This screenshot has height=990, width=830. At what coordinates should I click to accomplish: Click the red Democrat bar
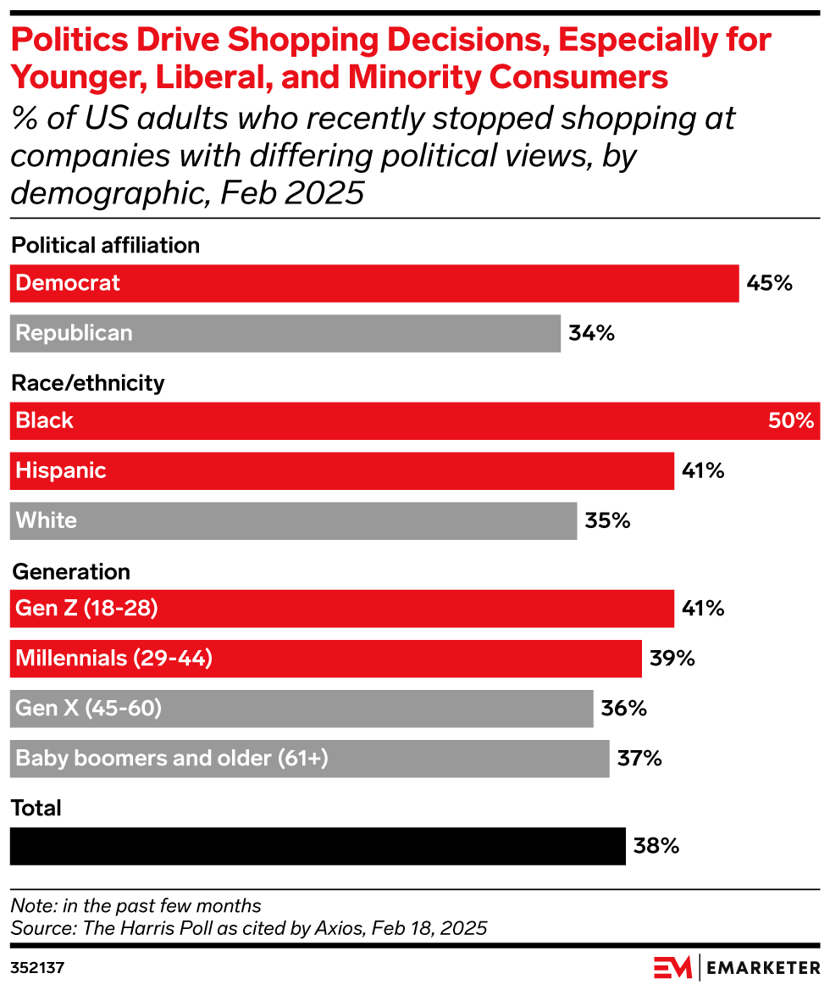[373, 283]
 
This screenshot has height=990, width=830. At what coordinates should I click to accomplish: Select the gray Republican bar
[285, 333]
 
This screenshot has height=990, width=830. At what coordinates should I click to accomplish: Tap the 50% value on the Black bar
[790, 421]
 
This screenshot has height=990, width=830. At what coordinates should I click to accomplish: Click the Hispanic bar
[341, 471]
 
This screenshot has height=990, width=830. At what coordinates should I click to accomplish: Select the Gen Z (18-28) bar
[341, 609]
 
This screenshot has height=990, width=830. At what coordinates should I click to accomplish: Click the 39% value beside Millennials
[672, 659]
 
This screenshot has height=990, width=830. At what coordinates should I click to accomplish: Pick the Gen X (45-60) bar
[301, 709]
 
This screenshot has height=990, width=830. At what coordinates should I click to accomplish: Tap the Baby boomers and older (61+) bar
[309, 759]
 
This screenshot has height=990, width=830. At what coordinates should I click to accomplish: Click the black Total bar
[318, 846]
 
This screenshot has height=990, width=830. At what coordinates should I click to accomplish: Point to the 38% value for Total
[656, 846]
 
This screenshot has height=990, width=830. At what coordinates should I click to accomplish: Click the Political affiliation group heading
[105, 246]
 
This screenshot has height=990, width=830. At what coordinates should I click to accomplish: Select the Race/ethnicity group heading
[87, 383]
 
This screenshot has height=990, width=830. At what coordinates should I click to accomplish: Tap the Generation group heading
[70, 572]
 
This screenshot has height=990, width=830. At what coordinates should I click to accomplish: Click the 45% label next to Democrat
[769, 283]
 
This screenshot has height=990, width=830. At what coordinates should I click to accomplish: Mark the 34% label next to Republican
[591, 333]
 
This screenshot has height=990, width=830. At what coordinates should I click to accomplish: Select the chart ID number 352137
[37, 967]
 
